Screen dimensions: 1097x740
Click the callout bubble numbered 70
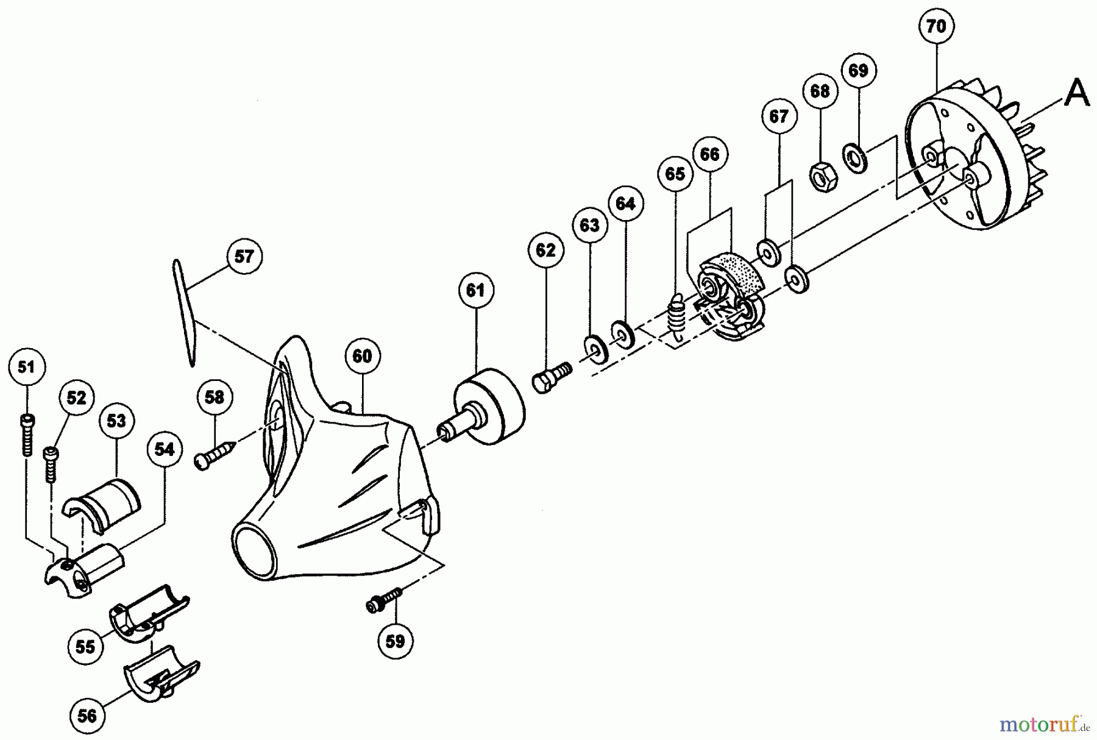click(936, 27)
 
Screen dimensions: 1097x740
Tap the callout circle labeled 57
click(244, 257)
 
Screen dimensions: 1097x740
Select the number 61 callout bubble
click(475, 291)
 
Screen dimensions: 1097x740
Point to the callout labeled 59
click(395, 641)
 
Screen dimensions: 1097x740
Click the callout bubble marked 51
click(26, 367)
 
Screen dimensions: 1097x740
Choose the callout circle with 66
click(710, 154)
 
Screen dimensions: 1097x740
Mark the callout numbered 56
click(87, 716)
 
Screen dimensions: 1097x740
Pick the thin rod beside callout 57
click(183, 313)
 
